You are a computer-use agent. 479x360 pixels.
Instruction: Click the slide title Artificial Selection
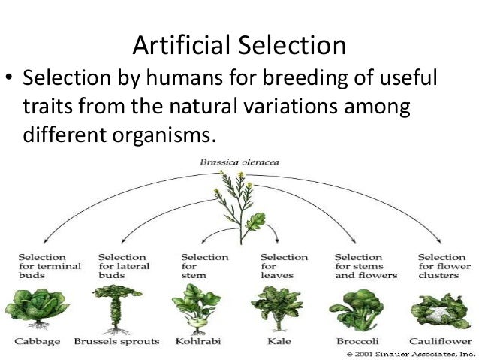(x=239, y=46)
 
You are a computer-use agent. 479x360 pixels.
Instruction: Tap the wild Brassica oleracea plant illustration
(x=239, y=207)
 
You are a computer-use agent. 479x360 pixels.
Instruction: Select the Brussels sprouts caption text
(x=116, y=341)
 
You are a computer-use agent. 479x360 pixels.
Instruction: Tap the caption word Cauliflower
(x=441, y=341)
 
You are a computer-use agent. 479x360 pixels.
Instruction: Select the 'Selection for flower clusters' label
(x=444, y=266)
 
